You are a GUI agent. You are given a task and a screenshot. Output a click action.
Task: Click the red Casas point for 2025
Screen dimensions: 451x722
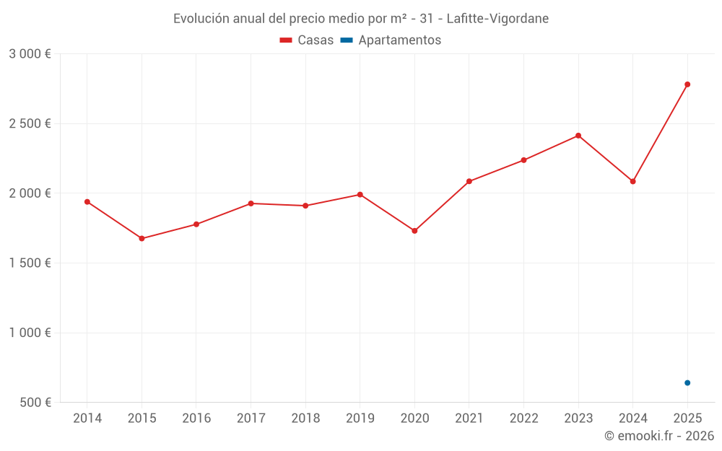click(x=687, y=84)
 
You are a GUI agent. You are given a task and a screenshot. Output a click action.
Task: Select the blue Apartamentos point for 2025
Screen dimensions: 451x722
click(x=687, y=382)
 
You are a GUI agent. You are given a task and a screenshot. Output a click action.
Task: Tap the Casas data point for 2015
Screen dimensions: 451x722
click(x=142, y=238)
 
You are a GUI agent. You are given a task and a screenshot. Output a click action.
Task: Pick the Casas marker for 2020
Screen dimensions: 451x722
click(x=414, y=231)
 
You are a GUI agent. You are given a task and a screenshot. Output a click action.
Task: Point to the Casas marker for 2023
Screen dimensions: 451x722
click(x=578, y=136)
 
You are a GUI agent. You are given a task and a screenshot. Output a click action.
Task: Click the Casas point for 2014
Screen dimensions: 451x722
click(x=87, y=202)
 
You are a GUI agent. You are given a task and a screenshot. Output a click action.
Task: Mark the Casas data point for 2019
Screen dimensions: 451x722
click(x=360, y=195)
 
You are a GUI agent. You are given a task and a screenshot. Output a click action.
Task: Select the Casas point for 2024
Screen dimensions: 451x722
click(x=632, y=181)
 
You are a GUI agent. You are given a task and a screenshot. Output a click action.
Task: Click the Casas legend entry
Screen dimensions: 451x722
click(x=307, y=40)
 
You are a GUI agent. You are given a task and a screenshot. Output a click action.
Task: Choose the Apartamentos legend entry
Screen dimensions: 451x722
click(x=391, y=40)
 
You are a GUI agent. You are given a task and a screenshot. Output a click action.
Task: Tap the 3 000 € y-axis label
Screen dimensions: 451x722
click(x=30, y=54)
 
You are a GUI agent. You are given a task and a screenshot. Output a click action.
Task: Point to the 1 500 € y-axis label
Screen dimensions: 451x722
click(x=30, y=263)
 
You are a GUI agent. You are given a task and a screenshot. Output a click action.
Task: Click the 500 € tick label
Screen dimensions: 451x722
click(x=35, y=403)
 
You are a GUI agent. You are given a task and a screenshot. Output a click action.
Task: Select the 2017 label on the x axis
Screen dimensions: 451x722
click(x=251, y=419)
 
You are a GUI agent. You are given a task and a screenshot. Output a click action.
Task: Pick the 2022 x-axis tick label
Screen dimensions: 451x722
click(x=523, y=419)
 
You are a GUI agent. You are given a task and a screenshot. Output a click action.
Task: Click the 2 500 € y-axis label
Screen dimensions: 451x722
click(x=30, y=123)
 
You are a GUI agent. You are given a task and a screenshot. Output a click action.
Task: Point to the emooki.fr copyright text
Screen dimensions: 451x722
click(x=659, y=436)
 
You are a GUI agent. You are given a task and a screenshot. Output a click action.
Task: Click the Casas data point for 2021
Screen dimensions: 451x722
click(x=469, y=181)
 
